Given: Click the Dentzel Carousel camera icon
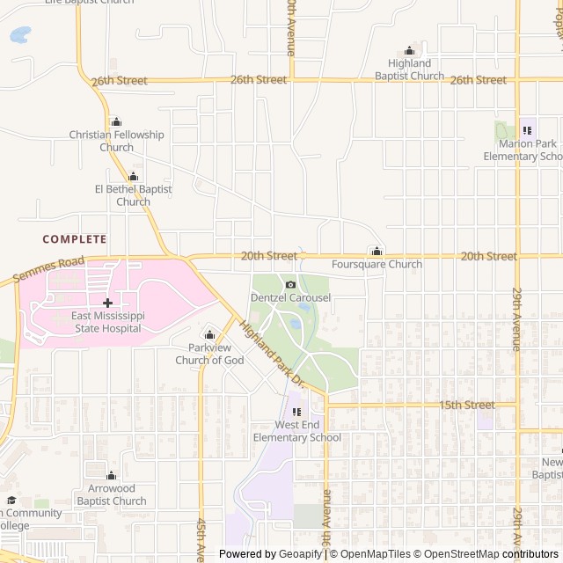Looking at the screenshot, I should (290, 284).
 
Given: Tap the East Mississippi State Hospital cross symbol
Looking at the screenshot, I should (107, 303).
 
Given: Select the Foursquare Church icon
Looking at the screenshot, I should (377, 252).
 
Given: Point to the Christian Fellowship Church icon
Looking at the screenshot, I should (116, 121).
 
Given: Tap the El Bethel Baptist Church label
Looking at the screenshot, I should (133, 195).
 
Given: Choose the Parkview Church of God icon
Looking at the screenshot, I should (209, 334).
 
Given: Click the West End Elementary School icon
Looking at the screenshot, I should (296, 412).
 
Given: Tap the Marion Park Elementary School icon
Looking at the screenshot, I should (527, 130).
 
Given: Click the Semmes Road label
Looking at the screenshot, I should (48, 267).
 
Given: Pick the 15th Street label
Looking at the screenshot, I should (467, 406).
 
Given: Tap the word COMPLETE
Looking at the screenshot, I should (75, 239).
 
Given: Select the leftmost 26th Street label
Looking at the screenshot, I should (119, 81).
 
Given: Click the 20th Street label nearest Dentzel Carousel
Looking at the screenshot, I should (269, 256).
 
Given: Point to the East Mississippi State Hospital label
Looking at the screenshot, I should (107, 322).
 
